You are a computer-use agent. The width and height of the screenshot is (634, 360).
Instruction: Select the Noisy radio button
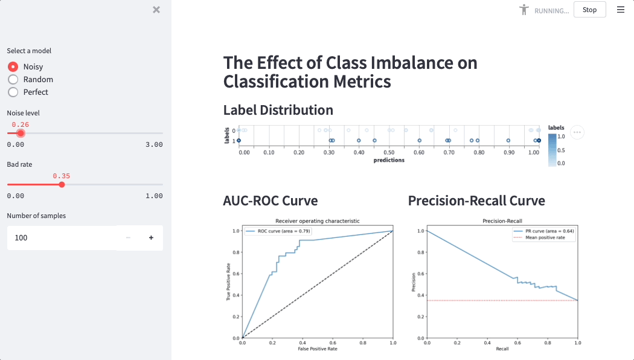(13, 66)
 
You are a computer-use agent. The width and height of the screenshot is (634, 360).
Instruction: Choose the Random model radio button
(13, 79)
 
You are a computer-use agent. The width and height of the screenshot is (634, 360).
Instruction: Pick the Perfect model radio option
(13, 92)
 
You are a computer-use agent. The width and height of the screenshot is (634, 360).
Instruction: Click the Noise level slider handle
(21, 133)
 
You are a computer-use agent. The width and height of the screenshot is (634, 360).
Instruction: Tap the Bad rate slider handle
(62, 184)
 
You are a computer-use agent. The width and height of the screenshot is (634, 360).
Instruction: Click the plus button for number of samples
(151, 238)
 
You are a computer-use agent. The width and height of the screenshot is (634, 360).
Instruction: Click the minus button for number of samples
(128, 238)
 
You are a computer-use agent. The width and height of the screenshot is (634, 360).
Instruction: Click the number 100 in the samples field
(21, 238)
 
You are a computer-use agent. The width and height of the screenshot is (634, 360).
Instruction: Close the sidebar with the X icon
(156, 10)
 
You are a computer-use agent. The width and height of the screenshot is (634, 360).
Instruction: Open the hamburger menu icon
(621, 10)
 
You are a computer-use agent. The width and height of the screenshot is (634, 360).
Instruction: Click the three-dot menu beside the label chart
(577, 132)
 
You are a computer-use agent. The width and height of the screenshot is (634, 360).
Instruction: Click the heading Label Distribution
(278, 110)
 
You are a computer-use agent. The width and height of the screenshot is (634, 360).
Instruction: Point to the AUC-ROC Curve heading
(270, 201)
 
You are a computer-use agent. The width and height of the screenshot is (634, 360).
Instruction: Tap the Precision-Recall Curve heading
(476, 201)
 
